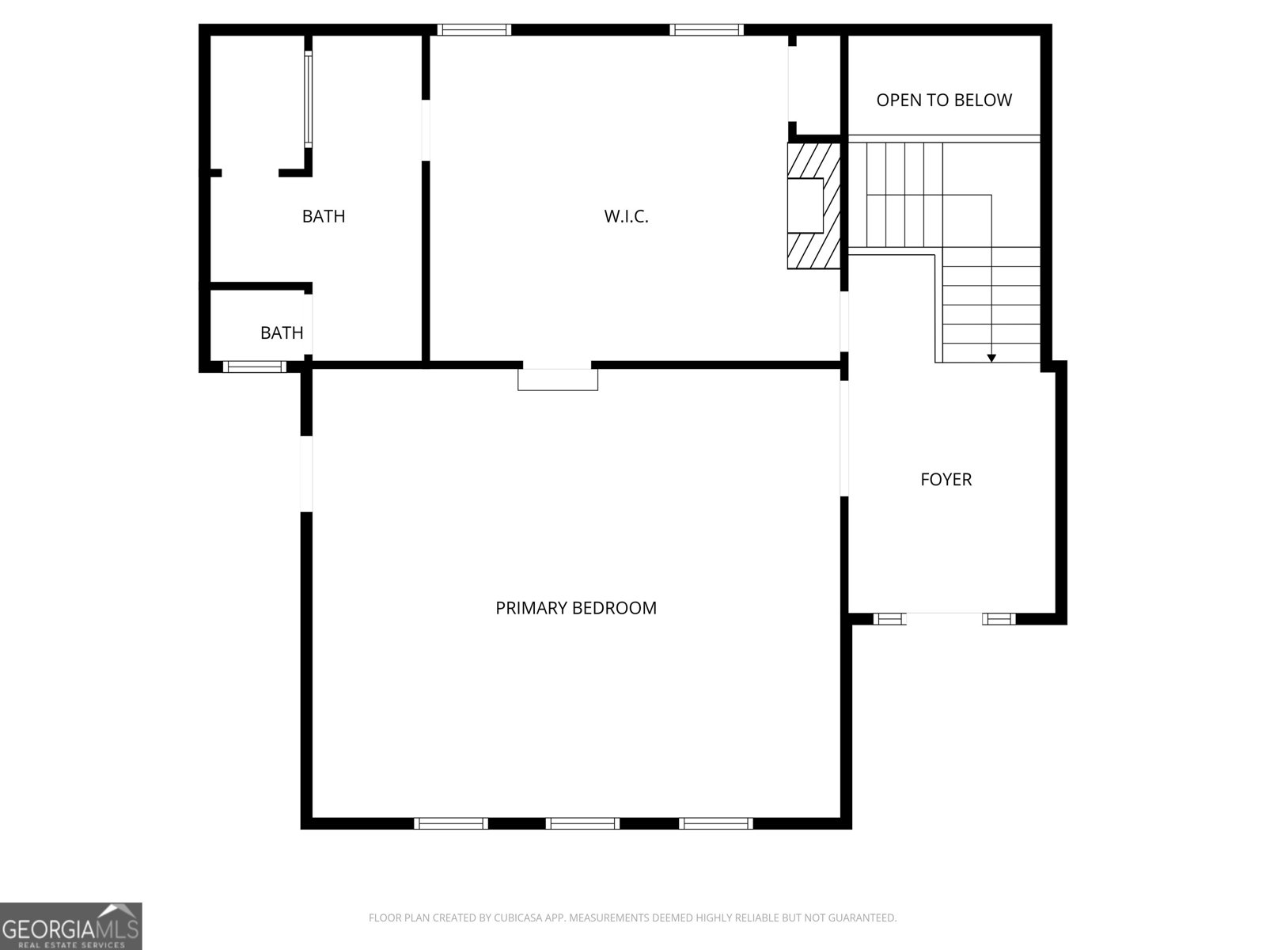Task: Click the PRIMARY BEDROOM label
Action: click(576, 608)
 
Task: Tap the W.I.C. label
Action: click(627, 216)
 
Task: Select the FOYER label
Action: click(946, 479)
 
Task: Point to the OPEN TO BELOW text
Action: click(944, 100)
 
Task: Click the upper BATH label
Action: click(324, 216)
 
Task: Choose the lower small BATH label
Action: click(282, 332)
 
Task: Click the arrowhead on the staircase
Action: click(991, 358)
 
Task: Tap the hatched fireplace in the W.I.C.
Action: click(813, 206)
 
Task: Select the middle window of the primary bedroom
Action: click(582, 823)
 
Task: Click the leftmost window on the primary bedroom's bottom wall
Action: click(451, 823)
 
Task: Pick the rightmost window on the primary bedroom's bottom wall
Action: click(716, 823)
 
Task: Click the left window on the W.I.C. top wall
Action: click(474, 30)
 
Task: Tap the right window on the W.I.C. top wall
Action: click(706, 30)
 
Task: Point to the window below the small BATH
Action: click(254, 367)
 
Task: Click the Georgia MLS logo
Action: click(71, 926)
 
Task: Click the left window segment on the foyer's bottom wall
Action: click(889, 619)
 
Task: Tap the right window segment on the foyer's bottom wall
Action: click(999, 619)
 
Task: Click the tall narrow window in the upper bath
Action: click(309, 99)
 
